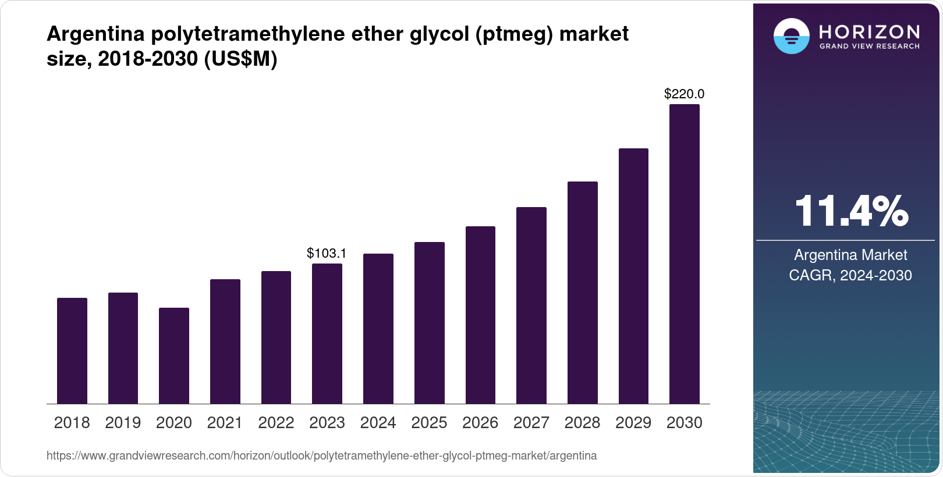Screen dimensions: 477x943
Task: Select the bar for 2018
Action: (x=72, y=351)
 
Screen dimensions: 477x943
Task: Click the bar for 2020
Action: (x=174, y=355)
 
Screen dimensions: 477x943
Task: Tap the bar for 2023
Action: (x=327, y=333)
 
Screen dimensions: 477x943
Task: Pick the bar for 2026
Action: (x=480, y=315)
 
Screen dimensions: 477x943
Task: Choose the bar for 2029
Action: (x=633, y=276)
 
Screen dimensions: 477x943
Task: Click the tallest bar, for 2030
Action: (x=685, y=254)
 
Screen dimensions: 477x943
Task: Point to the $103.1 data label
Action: (x=327, y=253)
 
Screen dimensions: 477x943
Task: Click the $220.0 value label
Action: (x=685, y=94)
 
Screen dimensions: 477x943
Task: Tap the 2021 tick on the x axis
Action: (x=225, y=423)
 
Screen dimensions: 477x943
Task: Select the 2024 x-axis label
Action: (x=378, y=423)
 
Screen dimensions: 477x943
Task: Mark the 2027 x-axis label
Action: (x=531, y=423)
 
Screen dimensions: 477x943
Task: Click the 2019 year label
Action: (x=123, y=423)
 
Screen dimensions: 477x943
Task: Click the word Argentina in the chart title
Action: (x=95, y=34)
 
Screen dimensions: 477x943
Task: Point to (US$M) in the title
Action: (x=240, y=59)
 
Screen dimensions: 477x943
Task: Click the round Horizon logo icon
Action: (x=791, y=37)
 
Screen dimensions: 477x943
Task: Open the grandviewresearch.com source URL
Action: (x=321, y=455)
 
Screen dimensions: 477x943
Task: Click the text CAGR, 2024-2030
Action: (x=850, y=275)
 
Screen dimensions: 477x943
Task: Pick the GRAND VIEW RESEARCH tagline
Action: (x=869, y=46)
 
